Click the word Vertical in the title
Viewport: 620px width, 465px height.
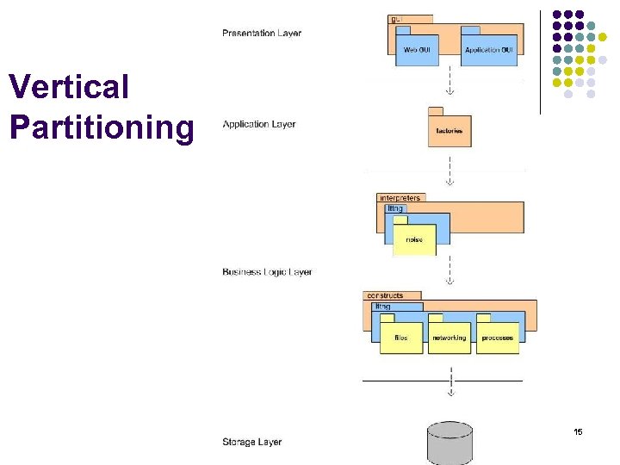(x=69, y=87)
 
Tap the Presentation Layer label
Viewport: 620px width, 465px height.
(x=262, y=34)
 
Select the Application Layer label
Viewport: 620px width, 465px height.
(x=259, y=124)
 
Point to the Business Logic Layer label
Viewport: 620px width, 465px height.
(x=267, y=272)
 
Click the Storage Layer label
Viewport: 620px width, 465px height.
(x=251, y=442)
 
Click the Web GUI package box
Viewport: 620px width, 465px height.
(x=422, y=49)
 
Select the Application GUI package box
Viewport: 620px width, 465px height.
(x=489, y=49)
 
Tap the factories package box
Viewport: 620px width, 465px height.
(x=449, y=131)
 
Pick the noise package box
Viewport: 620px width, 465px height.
(x=414, y=239)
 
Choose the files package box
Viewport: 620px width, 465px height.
(x=401, y=338)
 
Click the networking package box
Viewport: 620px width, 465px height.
(x=449, y=338)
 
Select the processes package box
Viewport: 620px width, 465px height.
(x=498, y=338)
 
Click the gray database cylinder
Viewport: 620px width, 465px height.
(x=449, y=443)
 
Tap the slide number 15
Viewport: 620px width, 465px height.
(x=578, y=431)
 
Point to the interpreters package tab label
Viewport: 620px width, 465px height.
(x=400, y=198)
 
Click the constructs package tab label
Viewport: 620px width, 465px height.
(x=384, y=295)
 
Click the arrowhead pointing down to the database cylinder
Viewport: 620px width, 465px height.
(x=449, y=394)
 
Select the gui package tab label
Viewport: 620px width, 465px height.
(x=395, y=18)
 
